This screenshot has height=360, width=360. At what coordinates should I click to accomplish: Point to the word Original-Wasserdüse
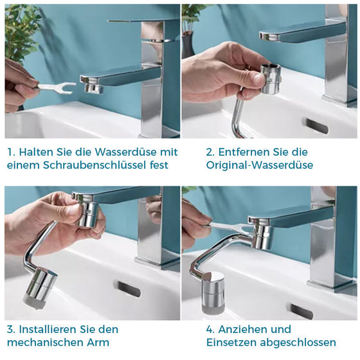[x=260, y=165]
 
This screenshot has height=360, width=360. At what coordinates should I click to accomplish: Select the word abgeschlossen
[x=298, y=343]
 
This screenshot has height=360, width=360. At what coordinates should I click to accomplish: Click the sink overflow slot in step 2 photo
[x=317, y=126]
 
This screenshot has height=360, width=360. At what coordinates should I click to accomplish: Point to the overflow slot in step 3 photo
[x=129, y=289]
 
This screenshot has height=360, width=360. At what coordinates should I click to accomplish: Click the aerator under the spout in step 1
[x=93, y=88]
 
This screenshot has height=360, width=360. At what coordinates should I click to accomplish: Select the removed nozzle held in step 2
[x=271, y=78]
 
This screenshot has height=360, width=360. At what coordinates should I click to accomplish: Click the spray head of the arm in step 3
[x=40, y=289]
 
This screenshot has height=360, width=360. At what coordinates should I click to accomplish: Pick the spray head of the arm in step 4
[x=213, y=292]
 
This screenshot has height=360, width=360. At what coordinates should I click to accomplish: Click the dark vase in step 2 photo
[x=188, y=45]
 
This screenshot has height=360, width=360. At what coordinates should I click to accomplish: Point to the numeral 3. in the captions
[x=11, y=329]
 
